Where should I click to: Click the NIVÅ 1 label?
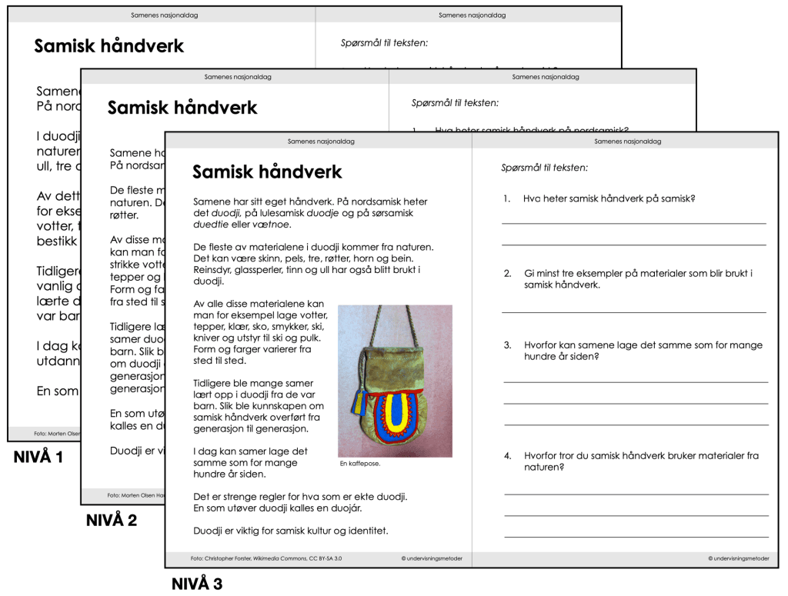(x=38, y=458)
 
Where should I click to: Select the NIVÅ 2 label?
(x=112, y=521)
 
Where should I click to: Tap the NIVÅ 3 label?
(x=197, y=584)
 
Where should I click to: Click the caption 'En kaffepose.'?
(x=360, y=464)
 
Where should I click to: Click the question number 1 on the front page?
(x=507, y=198)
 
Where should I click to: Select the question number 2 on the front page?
(x=508, y=273)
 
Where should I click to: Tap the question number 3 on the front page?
(x=508, y=345)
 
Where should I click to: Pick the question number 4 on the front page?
(x=508, y=455)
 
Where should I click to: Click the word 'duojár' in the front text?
(x=345, y=508)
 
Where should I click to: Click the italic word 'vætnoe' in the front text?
(x=272, y=225)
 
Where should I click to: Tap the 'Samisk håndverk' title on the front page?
(x=267, y=171)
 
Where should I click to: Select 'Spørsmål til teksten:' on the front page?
(x=544, y=167)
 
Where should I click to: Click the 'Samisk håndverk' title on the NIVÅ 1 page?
(x=109, y=46)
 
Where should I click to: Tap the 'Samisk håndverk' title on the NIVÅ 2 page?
(x=182, y=108)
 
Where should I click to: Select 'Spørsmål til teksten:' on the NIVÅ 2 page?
(x=455, y=102)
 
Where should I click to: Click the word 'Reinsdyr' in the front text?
(x=213, y=270)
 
